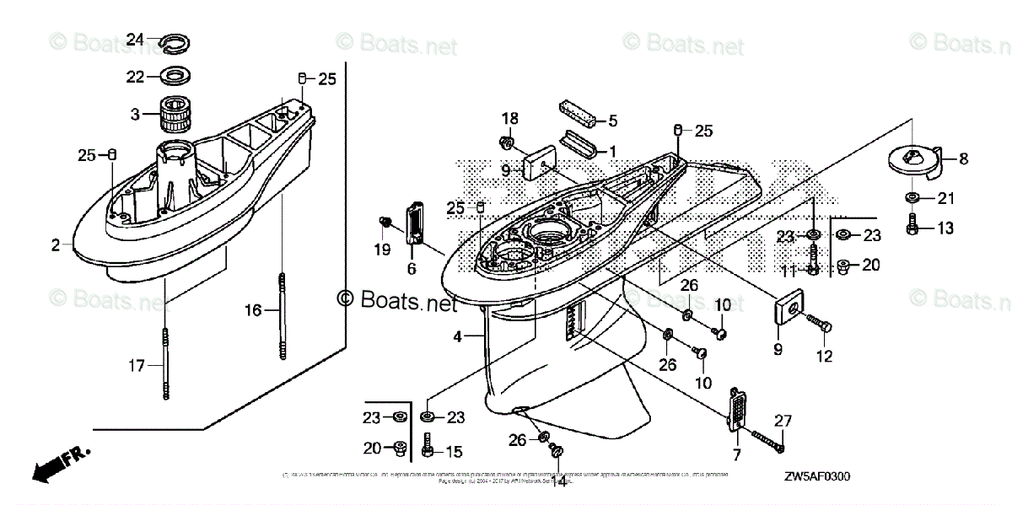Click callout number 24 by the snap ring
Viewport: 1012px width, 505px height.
pyautogui.click(x=136, y=39)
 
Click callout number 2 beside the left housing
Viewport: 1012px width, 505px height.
pyautogui.click(x=56, y=245)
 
